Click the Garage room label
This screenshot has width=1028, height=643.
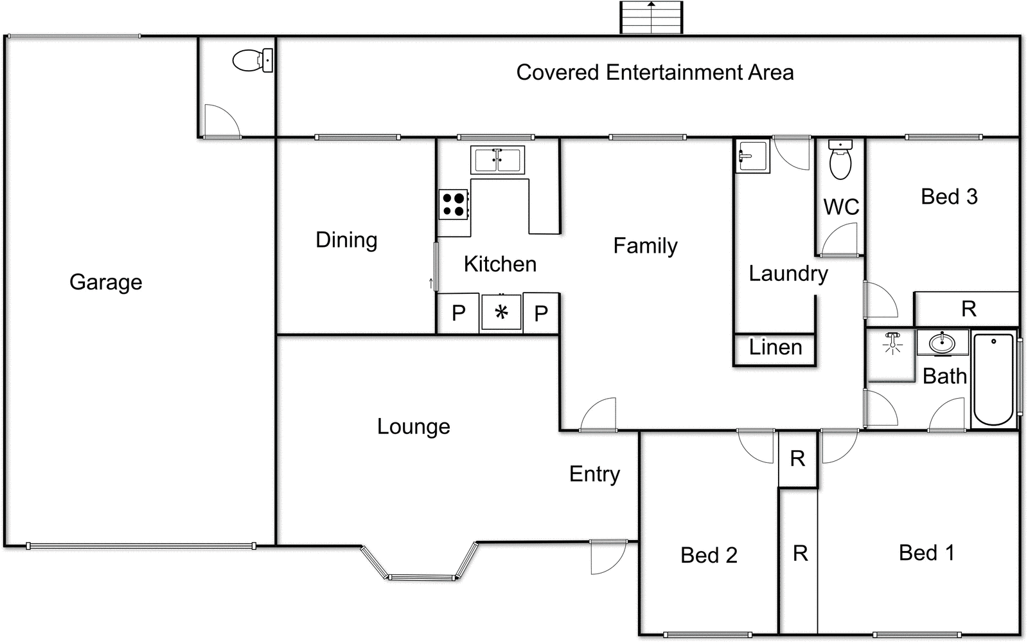(105, 282)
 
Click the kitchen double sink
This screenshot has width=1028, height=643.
(497, 160)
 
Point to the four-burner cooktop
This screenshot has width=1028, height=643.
(454, 204)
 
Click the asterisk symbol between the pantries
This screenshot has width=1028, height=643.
(501, 312)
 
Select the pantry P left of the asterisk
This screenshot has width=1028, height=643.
(458, 313)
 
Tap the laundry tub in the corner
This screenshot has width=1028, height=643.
(752, 156)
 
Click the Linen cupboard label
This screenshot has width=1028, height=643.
(775, 348)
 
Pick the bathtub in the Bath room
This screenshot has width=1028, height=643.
(993, 379)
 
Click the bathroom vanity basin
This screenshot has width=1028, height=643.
(943, 342)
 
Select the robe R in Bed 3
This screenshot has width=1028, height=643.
(968, 309)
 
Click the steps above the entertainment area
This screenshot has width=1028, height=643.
(651, 17)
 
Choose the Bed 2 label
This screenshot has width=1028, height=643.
(709, 555)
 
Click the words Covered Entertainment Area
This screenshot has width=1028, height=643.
(655, 73)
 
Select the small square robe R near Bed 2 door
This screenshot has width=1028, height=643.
(797, 459)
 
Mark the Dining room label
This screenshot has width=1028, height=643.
(346, 240)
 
